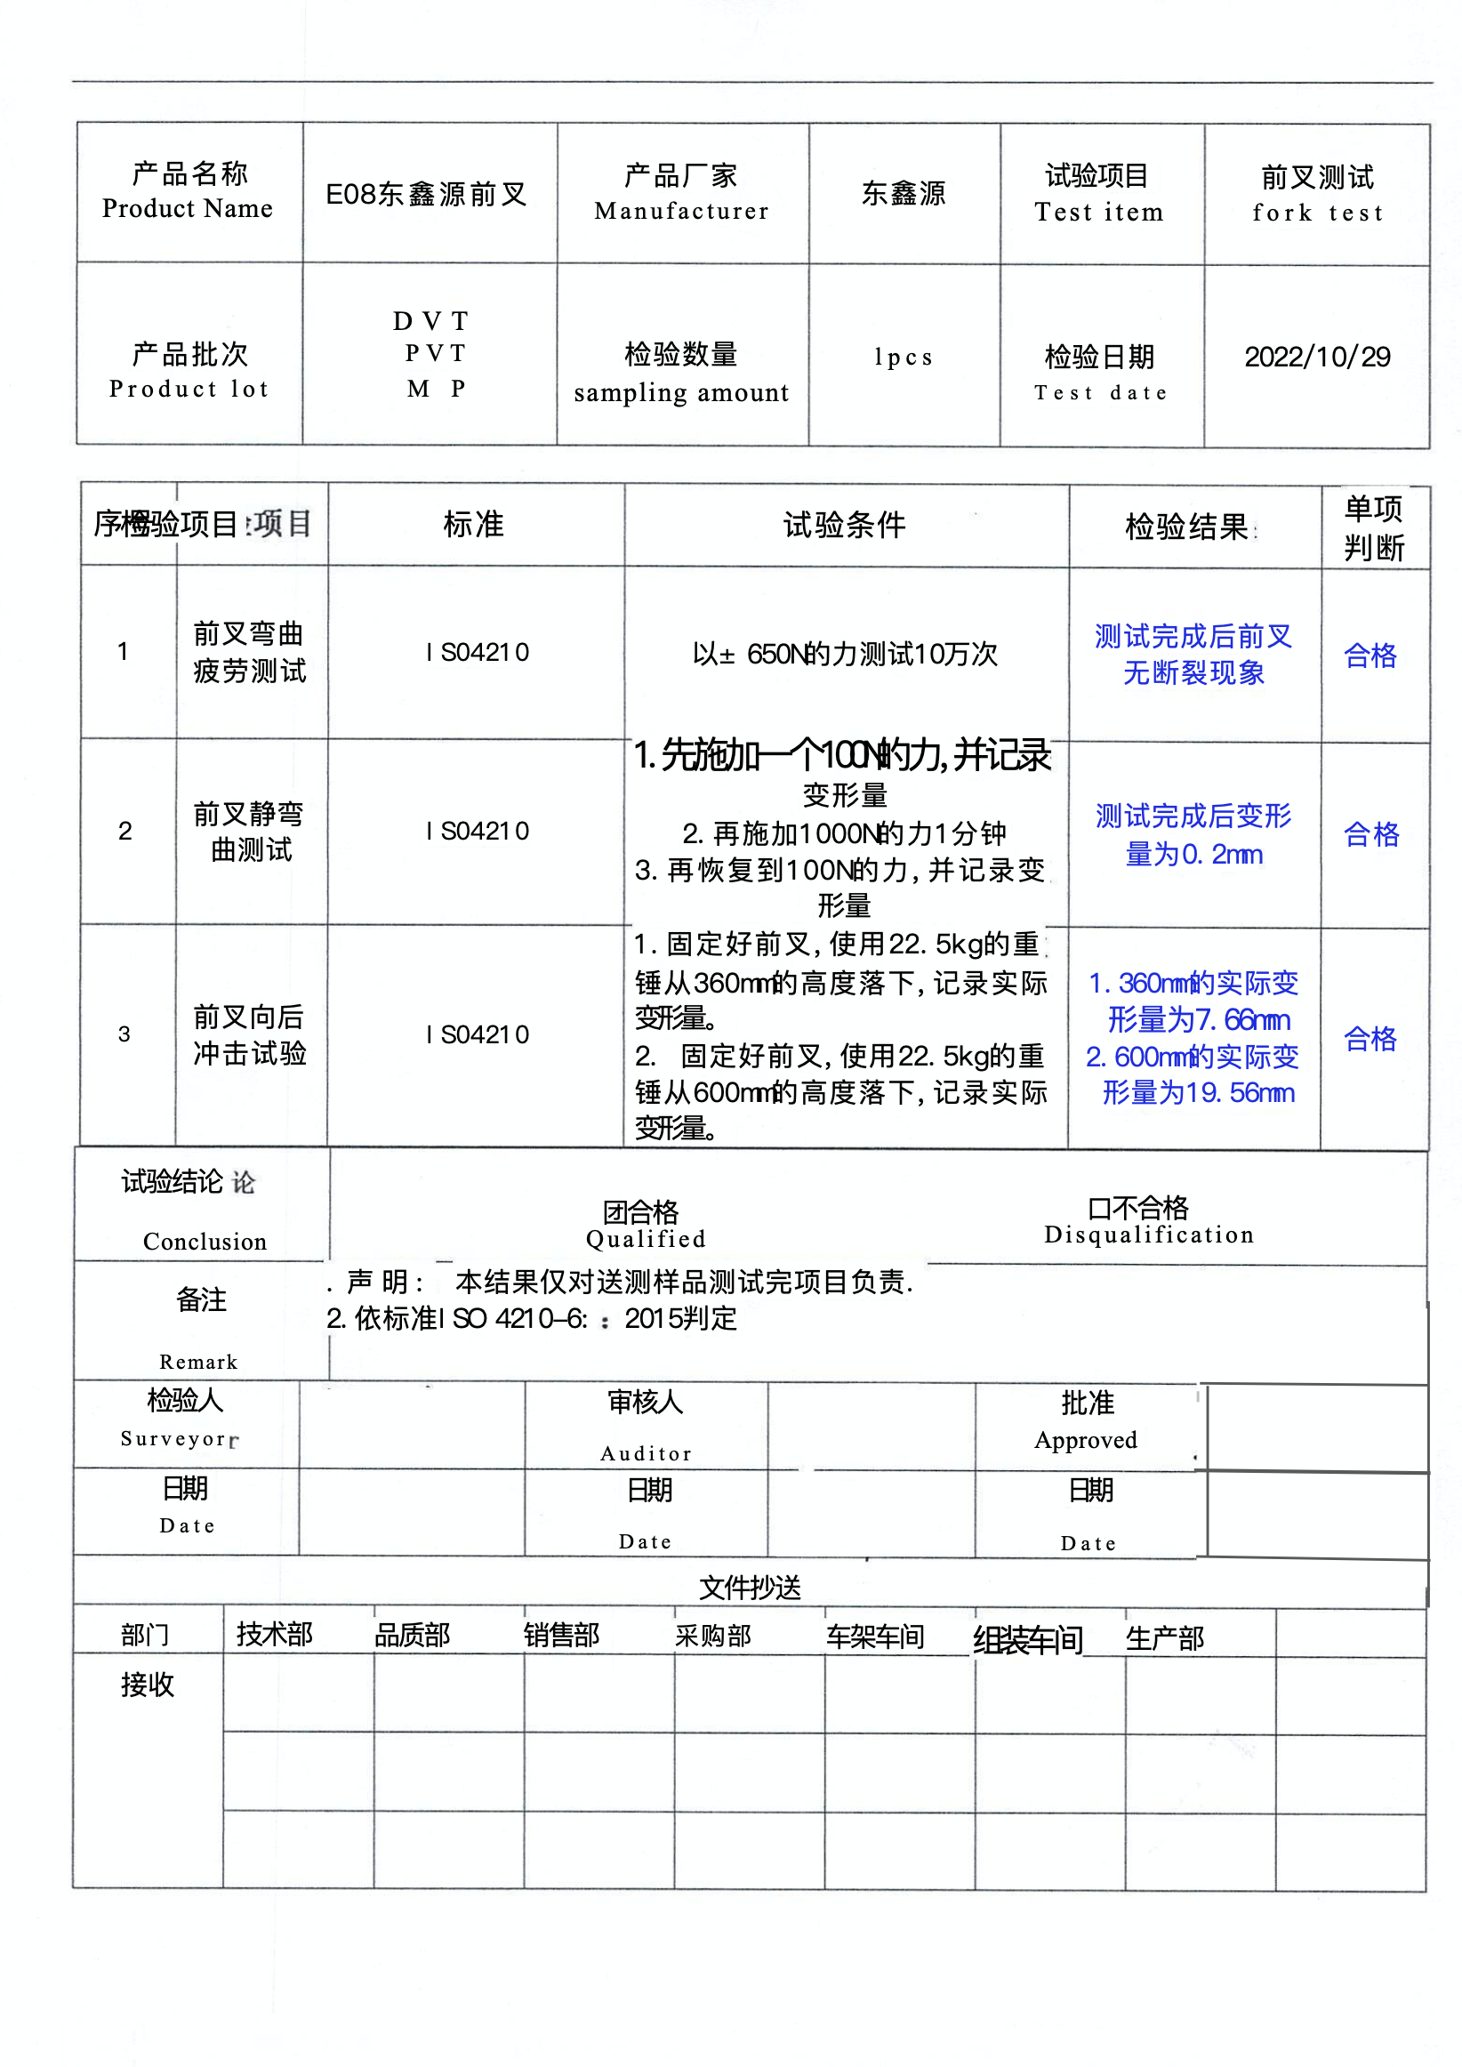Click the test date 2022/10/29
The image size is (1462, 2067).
(x=1316, y=358)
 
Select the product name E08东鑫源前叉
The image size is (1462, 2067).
(x=426, y=195)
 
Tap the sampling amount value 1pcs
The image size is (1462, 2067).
(x=903, y=358)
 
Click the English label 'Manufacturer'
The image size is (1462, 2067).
(x=681, y=212)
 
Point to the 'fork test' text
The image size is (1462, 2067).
(x=1317, y=213)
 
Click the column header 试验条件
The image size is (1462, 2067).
(x=845, y=525)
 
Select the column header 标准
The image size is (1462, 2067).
(x=473, y=525)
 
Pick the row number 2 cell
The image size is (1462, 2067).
(x=125, y=831)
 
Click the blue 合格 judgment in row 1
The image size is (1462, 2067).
(x=1370, y=655)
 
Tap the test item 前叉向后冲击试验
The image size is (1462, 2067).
(x=249, y=1035)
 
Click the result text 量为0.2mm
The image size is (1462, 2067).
(x=1193, y=855)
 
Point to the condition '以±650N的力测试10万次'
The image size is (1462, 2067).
(x=845, y=655)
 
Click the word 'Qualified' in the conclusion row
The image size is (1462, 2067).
(x=646, y=1240)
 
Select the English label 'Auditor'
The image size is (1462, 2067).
(x=646, y=1454)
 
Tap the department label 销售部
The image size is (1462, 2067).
(x=561, y=1636)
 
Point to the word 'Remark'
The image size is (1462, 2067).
(x=198, y=1362)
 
